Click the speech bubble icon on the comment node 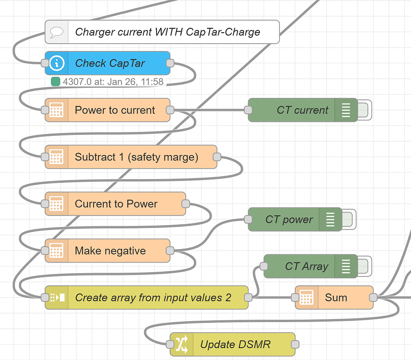(x=57, y=32)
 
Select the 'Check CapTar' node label (x=110, y=63)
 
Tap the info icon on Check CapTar (x=57, y=63)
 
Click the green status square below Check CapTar (x=55, y=82)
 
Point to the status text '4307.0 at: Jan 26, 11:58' (x=113, y=82)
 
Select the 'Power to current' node (x=115, y=110)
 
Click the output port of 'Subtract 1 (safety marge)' (x=217, y=157)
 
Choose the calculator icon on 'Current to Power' (x=57, y=204)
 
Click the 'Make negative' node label (x=110, y=251)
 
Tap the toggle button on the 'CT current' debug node (x=364, y=110)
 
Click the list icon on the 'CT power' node (x=330, y=219)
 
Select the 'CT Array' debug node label (x=306, y=266)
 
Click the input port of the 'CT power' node (x=248, y=219)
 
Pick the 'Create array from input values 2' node (x=153, y=298)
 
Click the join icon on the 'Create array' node (x=57, y=298)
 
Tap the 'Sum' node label (x=336, y=298)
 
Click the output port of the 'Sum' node (x=373, y=298)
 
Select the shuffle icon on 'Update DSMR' (x=181, y=344)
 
